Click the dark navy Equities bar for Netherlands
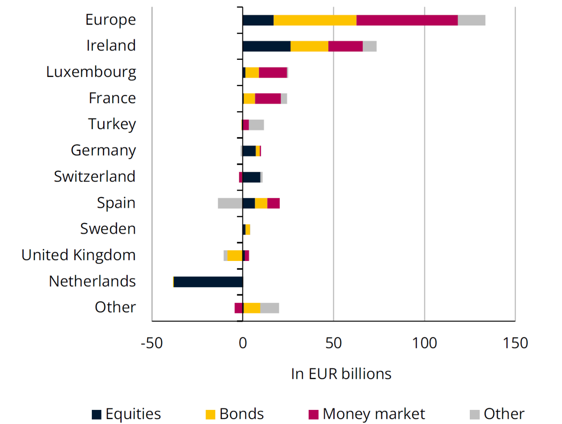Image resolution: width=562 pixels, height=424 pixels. click(x=208, y=282)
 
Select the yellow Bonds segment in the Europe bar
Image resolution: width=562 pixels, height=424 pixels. click(x=315, y=20)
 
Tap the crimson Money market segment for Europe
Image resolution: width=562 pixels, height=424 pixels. click(x=407, y=20)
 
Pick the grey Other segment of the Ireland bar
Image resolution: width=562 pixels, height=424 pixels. click(x=370, y=46)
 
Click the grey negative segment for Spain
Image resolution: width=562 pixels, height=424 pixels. click(x=230, y=203)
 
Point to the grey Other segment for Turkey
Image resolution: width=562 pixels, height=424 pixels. click(x=256, y=125)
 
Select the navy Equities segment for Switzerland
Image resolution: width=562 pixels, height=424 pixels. click(x=252, y=177)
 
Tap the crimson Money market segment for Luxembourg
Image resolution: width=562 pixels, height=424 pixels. click(x=273, y=72)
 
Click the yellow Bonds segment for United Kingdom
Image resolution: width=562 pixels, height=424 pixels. click(x=235, y=256)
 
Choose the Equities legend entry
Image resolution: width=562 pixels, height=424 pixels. click(x=126, y=414)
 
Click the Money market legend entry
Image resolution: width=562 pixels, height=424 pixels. click(x=367, y=414)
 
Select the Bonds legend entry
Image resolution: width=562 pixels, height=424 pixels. click(x=235, y=414)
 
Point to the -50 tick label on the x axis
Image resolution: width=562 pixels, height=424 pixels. click(x=151, y=343)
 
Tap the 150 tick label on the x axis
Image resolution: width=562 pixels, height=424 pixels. click(x=515, y=343)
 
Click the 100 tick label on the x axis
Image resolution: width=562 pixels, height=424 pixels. click(x=424, y=343)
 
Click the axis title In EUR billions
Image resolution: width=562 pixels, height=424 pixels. click(x=341, y=374)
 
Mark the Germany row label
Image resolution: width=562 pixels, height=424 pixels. click(x=103, y=151)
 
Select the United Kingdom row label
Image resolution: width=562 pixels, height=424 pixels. click(x=79, y=255)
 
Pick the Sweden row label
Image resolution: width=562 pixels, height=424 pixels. click(x=108, y=229)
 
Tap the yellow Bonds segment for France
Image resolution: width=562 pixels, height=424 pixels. click(x=249, y=98)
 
